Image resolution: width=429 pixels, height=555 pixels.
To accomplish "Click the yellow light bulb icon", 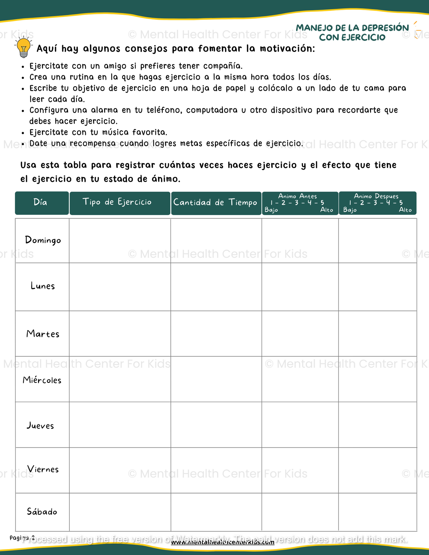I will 23,47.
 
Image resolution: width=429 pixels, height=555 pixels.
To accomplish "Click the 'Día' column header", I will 40,202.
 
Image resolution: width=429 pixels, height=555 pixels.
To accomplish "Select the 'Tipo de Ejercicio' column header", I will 117,202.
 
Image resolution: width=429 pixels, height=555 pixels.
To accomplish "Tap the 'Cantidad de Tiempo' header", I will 215,203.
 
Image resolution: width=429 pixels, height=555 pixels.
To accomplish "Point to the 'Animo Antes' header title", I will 297,196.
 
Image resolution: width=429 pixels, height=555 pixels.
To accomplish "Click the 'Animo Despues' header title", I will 376,196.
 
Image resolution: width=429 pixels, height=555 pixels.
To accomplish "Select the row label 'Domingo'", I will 43,240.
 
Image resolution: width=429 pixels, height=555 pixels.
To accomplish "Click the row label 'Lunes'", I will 43,286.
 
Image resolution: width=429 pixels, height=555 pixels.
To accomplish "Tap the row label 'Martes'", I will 43,334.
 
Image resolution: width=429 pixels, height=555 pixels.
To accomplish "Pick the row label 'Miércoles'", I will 42,380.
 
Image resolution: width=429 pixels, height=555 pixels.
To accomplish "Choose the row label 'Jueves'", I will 40,426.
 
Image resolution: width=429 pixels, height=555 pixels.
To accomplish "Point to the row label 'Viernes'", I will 43,469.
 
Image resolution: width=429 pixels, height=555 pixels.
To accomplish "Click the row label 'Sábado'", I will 42,512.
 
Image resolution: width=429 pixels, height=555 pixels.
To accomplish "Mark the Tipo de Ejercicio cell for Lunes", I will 120,287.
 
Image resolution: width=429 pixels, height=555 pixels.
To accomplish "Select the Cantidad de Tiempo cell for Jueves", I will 216,425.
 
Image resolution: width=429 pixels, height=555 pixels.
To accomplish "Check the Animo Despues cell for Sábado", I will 378,512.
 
